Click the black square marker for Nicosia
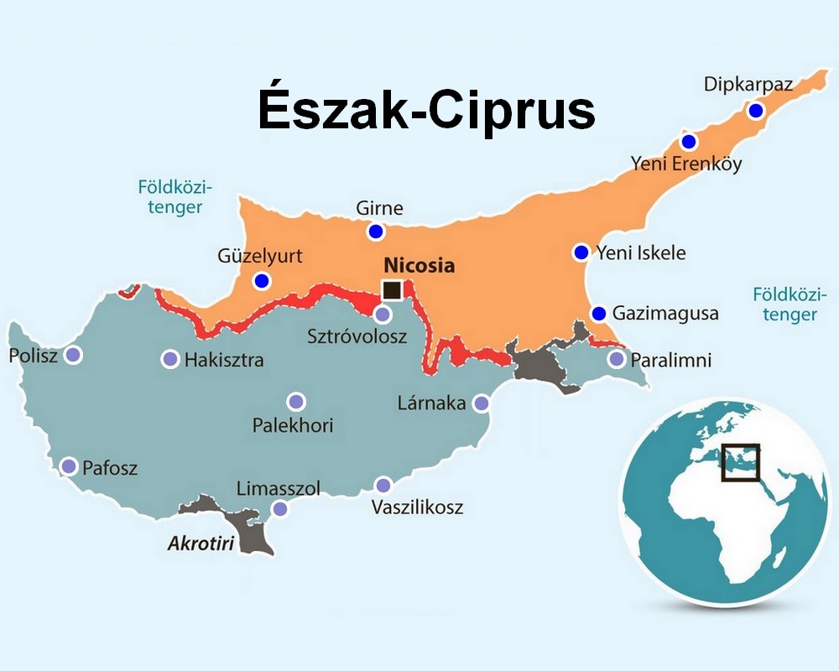(x=391, y=290)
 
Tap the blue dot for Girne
(x=375, y=231)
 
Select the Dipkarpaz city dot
(x=756, y=111)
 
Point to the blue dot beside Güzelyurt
(x=263, y=281)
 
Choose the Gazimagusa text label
(x=665, y=314)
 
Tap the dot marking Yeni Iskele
(x=581, y=252)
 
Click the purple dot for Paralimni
(x=617, y=360)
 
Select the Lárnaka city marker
(x=481, y=403)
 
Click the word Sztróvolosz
(x=357, y=337)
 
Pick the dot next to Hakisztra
(x=169, y=360)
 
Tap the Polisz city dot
(x=74, y=355)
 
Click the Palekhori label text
(x=293, y=425)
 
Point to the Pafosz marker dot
(x=69, y=466)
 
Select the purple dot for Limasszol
(x=279, y=509)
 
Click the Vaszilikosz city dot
(x=383, y=485)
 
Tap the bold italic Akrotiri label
(x=201, y=543)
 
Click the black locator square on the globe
(x=740, y=462)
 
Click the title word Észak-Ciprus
(x=426, y=111)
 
